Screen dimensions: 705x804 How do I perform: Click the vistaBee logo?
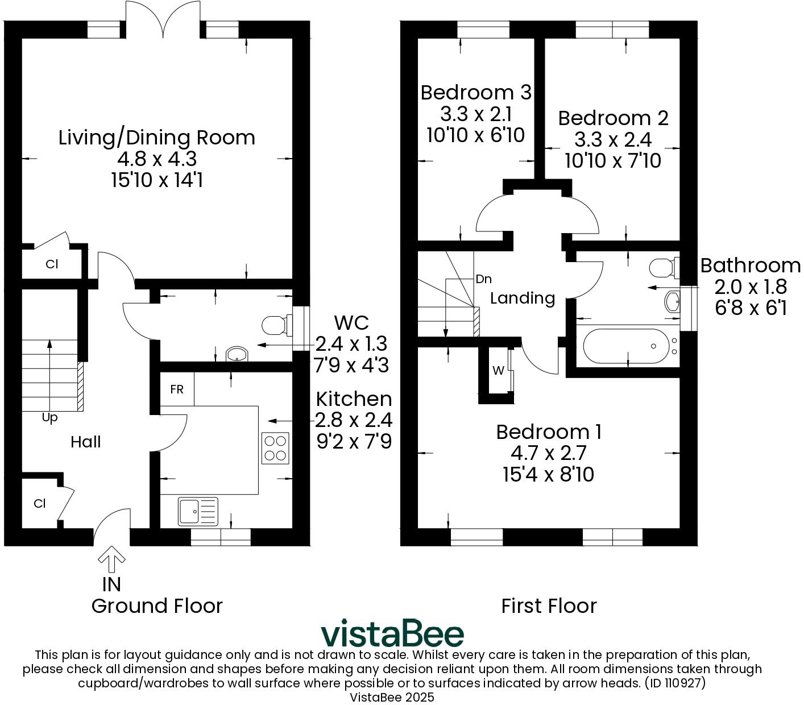tap(392, 634)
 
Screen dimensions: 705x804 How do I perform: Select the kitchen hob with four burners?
tap(275, 448)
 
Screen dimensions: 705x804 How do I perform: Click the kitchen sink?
tap(198, 511)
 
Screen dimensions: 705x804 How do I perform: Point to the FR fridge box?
tap(177, 389)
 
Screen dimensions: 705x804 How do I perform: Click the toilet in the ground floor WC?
tap(275, 325)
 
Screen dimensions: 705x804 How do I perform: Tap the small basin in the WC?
tap(236, 355)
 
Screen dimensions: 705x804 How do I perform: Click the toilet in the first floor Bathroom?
tap(662, 267)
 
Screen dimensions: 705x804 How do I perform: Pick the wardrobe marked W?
tap(498, 371)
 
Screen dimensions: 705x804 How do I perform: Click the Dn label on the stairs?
tap(483, 279)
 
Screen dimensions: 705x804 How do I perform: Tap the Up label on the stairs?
tap(50, 418)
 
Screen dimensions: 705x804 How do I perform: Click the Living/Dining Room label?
tap(157, 138)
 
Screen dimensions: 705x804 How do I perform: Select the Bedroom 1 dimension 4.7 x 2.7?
tap(549, 453)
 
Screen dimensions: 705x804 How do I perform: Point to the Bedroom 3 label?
tap(476, 92)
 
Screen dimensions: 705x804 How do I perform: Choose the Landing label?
tap(523, 298)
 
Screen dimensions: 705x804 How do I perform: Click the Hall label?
tap(86, 442)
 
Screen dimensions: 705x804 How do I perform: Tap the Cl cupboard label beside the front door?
tap(39, 504)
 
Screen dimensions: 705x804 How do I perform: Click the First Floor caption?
tap(549, 606)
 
